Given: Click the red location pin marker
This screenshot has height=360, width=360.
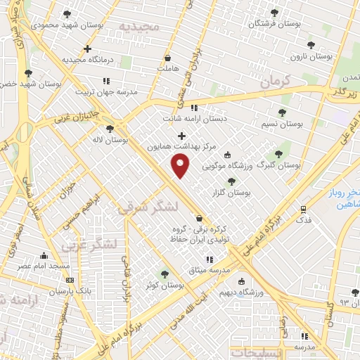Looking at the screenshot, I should [x=181, y=165].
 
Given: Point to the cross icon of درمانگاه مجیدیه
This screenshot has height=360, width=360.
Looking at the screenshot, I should [x=87, y=49].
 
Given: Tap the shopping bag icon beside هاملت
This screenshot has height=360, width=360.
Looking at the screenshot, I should [x=167, y=58].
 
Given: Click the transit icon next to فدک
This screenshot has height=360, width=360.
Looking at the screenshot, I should [x=303, y=209].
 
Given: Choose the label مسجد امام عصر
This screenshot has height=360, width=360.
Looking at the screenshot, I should [x=44, y=266].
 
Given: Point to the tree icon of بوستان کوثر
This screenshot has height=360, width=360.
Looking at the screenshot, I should [x=165, y=274].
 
